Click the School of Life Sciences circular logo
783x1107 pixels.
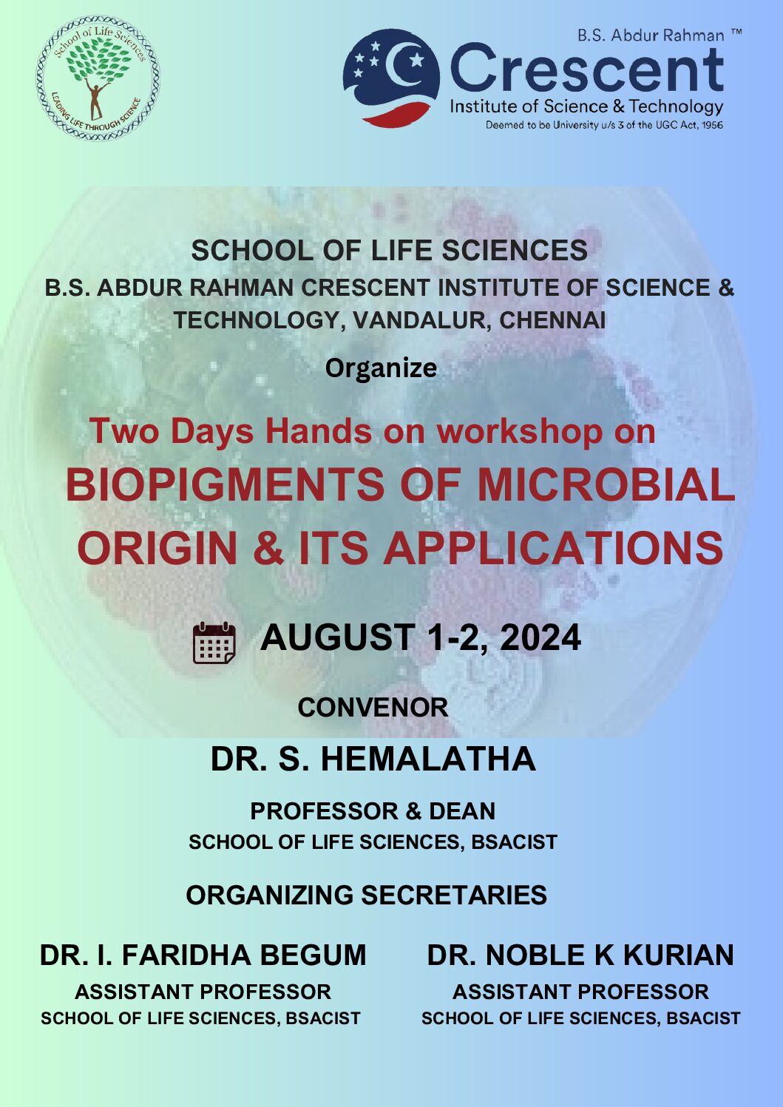tap(98, 78)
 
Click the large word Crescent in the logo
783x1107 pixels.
tap(587, 68)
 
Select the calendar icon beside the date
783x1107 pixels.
tap(214, 643)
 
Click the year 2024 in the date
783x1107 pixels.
tap(540, 637)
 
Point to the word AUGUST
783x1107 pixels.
tap(337, 637)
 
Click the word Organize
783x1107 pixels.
tap(381, 369)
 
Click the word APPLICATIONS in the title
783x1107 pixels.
tap(554, 548)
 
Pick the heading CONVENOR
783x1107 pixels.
tap(373, 708)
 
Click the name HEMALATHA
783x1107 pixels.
tap(428, 759)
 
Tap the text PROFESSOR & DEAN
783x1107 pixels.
tap(373, 811)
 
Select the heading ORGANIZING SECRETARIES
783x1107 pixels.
tap(367, 895)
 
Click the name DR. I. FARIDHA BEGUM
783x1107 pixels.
tap(203, 955)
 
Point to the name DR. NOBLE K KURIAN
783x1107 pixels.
tap(581, 955)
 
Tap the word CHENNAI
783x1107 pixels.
tap(552, 320)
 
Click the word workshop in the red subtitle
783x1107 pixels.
tap(520, 431)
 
